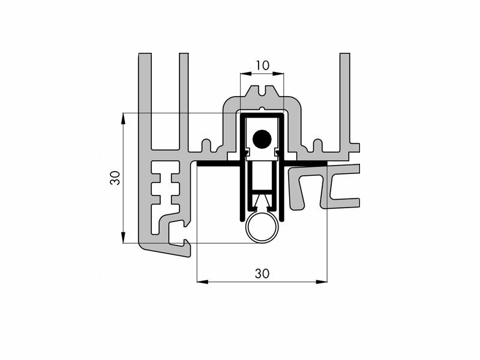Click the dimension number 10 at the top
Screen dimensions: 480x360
coord(263,65)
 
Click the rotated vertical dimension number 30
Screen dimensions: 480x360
coord(115,178)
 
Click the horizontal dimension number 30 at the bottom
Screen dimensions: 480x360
coord(262,274)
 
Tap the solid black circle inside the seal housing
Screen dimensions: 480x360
coord(262,139)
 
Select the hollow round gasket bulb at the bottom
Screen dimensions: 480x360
coord(262,228)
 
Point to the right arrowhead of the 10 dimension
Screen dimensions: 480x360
coord(278,73)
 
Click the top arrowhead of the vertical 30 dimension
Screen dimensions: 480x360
coord(123,119)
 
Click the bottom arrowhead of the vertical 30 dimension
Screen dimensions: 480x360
coord(123,238)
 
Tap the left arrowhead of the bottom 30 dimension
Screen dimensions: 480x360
coord(202,281)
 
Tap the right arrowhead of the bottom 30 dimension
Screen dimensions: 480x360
coord(322,281)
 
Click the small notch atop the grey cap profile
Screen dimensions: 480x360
coord(262,91)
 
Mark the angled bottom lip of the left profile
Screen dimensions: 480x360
coord(166,250)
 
